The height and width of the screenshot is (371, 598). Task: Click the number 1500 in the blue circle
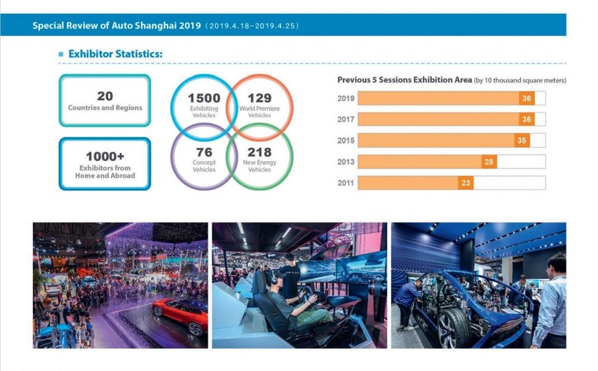204,98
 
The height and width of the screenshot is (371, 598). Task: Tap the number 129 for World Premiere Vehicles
259,98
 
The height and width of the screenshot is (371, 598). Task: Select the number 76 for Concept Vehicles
204,152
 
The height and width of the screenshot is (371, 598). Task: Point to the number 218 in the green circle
259,152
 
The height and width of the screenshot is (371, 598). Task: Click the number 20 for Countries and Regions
105,96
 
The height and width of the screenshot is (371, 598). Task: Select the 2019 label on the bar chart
345,98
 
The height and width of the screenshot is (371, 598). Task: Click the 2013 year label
345,162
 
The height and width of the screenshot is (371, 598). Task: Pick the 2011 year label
345,183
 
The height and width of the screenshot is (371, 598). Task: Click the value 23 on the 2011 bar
466,183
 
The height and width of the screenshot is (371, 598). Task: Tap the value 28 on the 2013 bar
489,162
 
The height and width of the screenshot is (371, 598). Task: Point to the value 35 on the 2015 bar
522,141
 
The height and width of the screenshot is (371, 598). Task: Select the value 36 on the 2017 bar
526,119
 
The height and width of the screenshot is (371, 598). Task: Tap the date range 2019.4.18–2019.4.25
251,26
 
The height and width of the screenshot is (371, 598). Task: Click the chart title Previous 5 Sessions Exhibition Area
404,80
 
